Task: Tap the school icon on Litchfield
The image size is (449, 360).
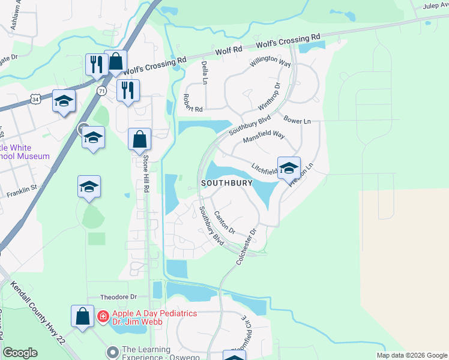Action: (289, 168)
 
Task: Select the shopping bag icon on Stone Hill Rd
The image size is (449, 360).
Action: (140, 140)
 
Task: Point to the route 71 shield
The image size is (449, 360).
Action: (101, 91)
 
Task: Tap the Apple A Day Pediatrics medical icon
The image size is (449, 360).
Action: (103, 316)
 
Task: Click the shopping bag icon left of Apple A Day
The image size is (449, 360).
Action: (82, 316)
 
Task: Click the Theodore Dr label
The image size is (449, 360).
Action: (119, 296)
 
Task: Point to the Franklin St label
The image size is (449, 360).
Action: (22, 191)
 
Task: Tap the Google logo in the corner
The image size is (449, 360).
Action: (20, 352)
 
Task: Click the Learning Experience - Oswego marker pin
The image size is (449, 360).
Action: (112, 350)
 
